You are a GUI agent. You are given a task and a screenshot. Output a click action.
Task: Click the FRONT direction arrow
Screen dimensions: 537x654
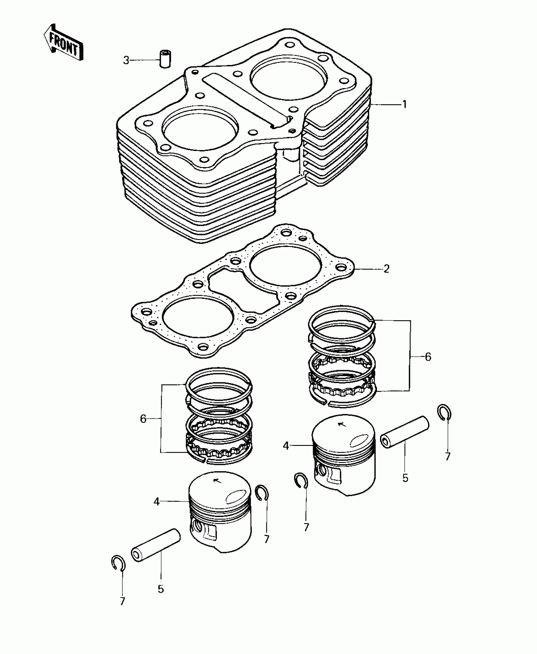(63, 42)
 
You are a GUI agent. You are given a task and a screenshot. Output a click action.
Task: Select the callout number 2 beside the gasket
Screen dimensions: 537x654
(386, 269)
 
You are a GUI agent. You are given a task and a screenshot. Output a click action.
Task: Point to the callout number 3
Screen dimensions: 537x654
(126, 60)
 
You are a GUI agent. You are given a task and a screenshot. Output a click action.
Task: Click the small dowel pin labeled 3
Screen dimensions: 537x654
(165, 58)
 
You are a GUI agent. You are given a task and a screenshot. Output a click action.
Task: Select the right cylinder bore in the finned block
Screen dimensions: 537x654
(288, 78)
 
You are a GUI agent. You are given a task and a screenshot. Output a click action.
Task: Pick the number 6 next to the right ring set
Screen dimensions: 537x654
(428, 357)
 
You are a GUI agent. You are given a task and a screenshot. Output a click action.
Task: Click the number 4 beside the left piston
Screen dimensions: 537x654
(157, 501)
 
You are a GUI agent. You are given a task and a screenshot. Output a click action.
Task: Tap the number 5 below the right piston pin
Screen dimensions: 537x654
(405, 478)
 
